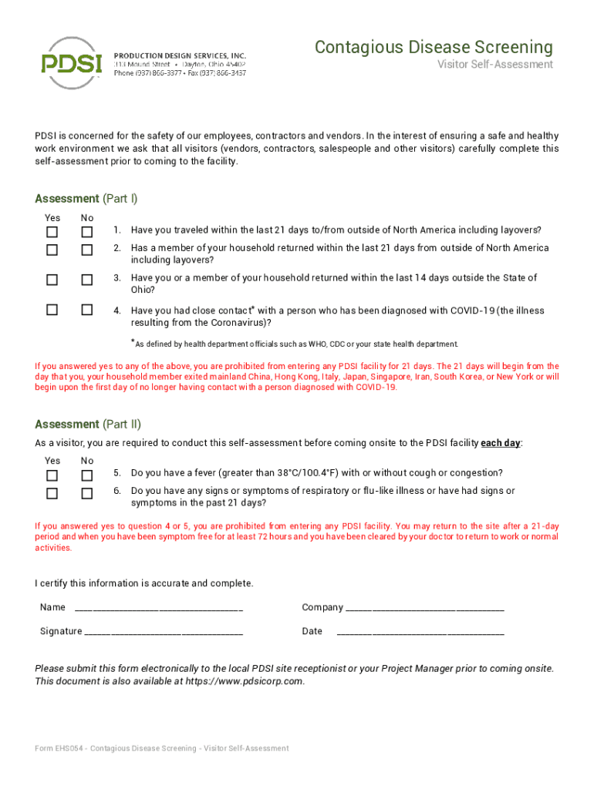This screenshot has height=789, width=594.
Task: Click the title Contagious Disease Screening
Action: (434, 48)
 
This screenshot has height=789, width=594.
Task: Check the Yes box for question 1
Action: (52, 231)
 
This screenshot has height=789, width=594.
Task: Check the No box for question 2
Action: (87, 250)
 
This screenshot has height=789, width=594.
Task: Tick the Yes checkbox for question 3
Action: (52, 279)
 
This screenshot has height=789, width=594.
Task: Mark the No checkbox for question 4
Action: (87, 310)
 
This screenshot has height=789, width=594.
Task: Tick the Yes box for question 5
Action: (52, 475)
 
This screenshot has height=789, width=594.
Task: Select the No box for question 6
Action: (87, 493)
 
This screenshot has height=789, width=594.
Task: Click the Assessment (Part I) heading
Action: (86, 199)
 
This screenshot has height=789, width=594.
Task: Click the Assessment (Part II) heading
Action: (88, 425)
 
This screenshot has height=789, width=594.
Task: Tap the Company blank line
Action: (425, 609)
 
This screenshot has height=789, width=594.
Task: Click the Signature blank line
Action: (164, 633)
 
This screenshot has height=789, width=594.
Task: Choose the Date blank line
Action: (420, 633)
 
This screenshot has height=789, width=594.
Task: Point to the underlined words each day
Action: (501, 443)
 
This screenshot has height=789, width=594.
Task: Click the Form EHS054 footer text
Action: (162, 748)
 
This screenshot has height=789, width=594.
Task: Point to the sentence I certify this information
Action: (143, 583)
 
